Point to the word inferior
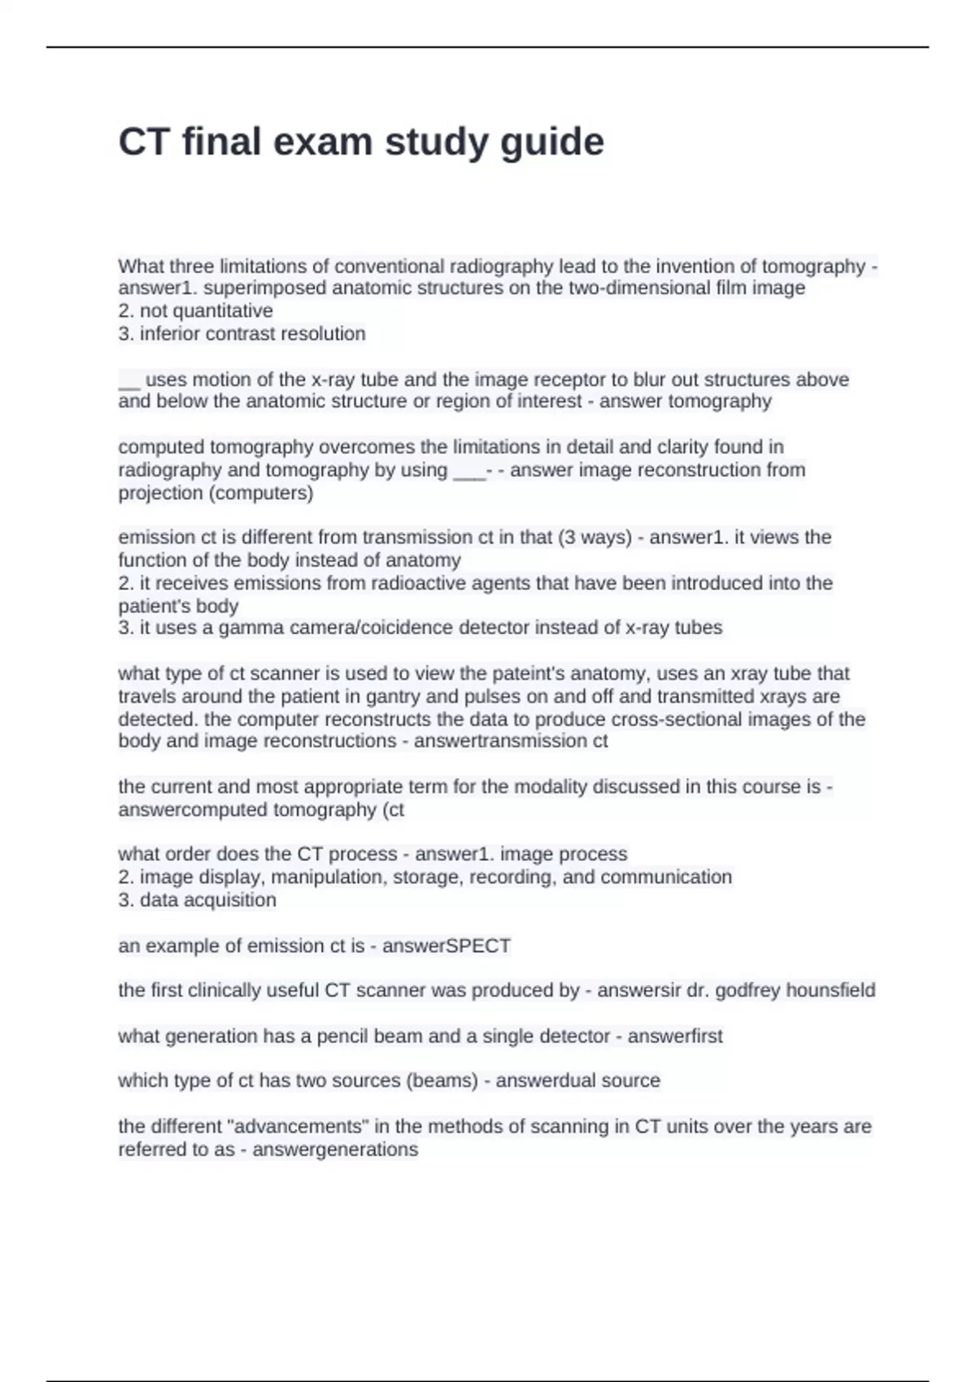click(x=169, y=333)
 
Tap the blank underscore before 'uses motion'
click(x=129, y=380)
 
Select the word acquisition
click(x=232, y=900)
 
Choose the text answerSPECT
click(x=447, y=946)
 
